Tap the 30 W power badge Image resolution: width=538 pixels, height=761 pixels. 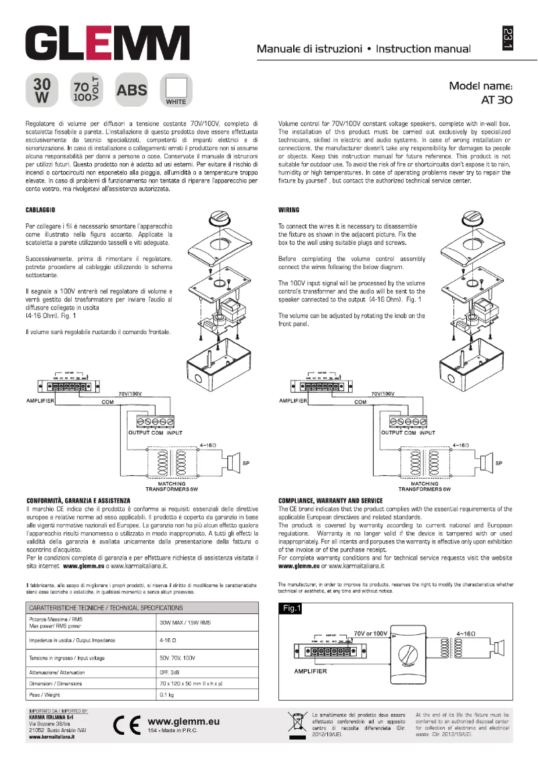click(x=42, y=90)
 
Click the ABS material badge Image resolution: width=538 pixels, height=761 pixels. click(x=131, y=90)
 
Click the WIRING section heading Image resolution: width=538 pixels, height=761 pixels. click(x=288, y=210)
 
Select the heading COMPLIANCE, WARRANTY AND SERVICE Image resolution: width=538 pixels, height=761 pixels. click(x=330, y=501)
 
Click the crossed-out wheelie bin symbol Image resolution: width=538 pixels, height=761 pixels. click(x=296, y=723)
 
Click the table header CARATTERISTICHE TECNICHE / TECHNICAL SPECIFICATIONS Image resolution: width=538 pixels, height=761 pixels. click(x=106, y=608)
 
